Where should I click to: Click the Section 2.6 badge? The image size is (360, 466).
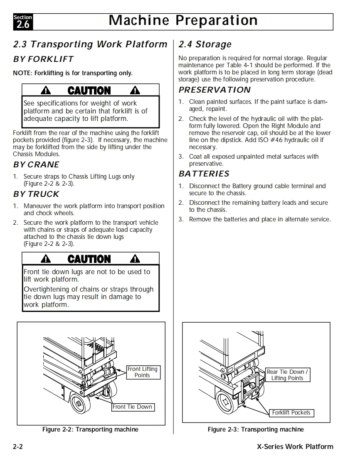click(23, 22)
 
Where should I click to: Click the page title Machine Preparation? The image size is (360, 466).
click(183, 21)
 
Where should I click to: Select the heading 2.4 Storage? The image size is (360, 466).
click(205, 44)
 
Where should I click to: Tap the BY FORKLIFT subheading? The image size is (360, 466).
click(43, 59)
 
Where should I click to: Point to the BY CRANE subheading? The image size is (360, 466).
click(36, 165)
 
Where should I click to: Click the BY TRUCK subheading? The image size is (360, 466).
click(36, 194)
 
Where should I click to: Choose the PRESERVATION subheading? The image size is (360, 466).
click(215, 90)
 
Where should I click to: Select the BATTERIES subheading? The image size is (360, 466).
click(204, 174)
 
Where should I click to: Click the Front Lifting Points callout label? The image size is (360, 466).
click(142, 372)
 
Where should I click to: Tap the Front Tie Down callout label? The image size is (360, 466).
click(133, 407)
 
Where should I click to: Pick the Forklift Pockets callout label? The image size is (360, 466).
click(291, 413)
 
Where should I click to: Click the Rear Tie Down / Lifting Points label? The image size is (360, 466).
click(287, 375)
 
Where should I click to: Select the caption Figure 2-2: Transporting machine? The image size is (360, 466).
click(90, 429)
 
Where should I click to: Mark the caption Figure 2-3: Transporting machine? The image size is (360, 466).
click(256, 429)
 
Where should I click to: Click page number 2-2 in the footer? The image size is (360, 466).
click(17, 447)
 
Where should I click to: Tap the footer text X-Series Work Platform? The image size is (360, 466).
click(295, 447)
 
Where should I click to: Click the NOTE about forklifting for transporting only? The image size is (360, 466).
click(73, 74)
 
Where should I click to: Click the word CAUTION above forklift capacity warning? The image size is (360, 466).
click(89, 91)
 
